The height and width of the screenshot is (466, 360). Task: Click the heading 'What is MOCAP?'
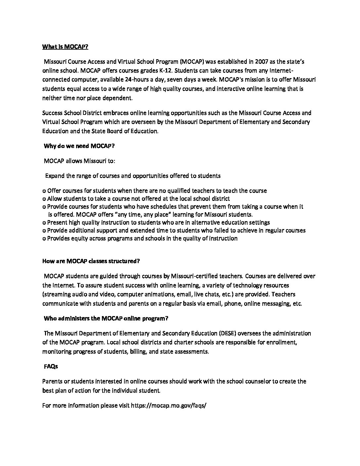[65, 47]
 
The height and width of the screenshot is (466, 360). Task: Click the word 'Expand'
[55, 176]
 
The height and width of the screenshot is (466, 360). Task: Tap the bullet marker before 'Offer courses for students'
[44, 191]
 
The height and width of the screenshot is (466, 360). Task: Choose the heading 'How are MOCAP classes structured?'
[91, 261]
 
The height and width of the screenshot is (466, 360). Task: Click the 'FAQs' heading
[51, 366]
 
